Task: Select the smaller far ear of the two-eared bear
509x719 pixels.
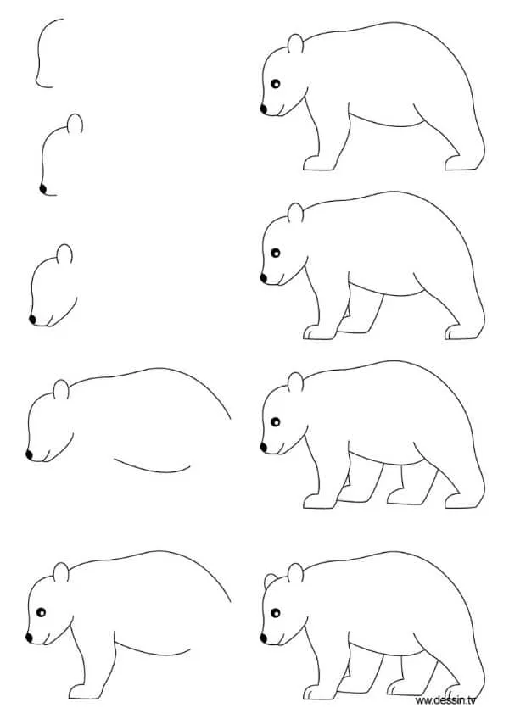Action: point(271,582)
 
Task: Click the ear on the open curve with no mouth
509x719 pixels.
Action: point(76,125)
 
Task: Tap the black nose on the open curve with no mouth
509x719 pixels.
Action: point(42,188)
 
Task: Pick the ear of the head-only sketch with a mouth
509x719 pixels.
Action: point(64,254)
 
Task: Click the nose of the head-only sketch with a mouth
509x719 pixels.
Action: point(33,320)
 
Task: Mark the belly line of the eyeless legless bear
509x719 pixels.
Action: point(153,466)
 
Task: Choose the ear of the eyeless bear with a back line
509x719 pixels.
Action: point(60,390)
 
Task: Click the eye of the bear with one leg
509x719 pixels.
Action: point(39,610)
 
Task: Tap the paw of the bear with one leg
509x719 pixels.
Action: point(81,688)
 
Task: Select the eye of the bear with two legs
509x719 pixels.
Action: point(277,82)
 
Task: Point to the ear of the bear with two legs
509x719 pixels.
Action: point(294,45)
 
